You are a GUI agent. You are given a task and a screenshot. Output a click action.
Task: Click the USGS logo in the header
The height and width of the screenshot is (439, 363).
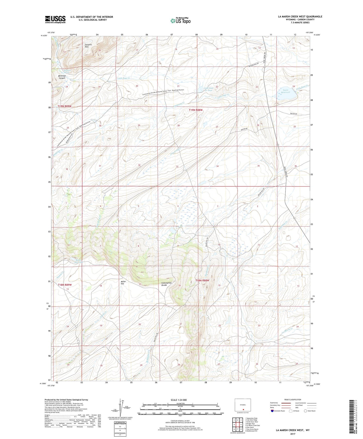(55, 19)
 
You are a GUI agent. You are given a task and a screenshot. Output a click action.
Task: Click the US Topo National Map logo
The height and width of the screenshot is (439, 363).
(180, 20)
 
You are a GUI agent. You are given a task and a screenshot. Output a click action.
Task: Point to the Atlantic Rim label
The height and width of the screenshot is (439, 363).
(88, 46)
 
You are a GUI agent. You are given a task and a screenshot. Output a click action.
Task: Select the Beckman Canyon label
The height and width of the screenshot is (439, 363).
(62, 77)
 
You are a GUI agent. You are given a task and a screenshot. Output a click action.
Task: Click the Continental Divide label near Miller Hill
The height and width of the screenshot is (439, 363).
(166, 284)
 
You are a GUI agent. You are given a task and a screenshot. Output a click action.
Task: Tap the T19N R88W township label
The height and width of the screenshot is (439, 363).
(196, 110)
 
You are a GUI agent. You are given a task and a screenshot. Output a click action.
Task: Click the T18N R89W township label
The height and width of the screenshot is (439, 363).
(65, 285)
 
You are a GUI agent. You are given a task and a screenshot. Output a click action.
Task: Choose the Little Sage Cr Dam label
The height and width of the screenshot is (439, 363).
(209, 89)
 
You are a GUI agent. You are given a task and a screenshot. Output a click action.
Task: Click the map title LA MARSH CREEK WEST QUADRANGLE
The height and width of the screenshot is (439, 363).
(300, 17)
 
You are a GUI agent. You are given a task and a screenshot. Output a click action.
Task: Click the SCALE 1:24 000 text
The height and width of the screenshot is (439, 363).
(179, 400)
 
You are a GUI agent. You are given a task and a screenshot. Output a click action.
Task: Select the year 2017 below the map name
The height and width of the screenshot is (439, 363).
(293, 434)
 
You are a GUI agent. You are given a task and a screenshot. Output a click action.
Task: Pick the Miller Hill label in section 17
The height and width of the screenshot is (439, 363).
(123, 282)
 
